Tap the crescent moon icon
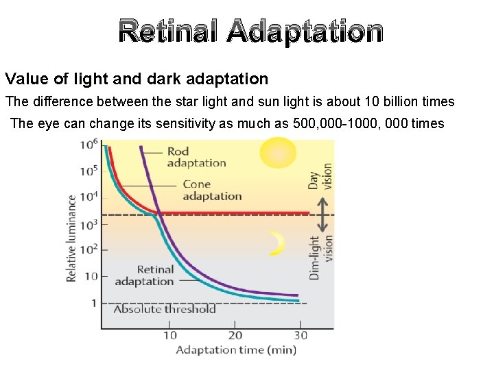(x=277, y=243)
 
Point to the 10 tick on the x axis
(x=169, y=335)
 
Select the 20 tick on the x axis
(x=235, y=335)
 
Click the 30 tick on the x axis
(x=301, y=335)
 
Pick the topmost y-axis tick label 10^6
(x=89, y=145)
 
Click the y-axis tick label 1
(x=94, y=303)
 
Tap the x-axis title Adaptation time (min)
(x=236, y=351)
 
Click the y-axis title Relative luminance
(x=72, y=238)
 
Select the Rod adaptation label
(x=196, y=157)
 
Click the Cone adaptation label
(x=212, y=190)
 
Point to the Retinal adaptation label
(x=145, y=275)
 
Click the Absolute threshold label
(x=165, y=309)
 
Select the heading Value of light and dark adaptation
(x=137, y=79)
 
